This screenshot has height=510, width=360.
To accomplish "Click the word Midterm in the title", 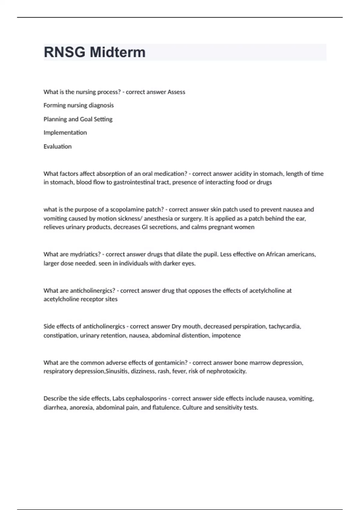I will point(118,52).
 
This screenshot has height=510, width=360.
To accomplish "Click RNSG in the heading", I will point(64,52).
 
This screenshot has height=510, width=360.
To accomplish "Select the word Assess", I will point(176,92).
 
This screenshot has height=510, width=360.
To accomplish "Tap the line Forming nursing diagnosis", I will point(79,105).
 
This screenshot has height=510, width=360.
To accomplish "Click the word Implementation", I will point(65,133).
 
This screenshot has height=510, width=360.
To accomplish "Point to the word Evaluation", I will point(58,146).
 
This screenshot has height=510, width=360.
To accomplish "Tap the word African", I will point(275,254).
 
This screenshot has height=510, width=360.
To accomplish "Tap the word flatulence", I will point(166,407).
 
